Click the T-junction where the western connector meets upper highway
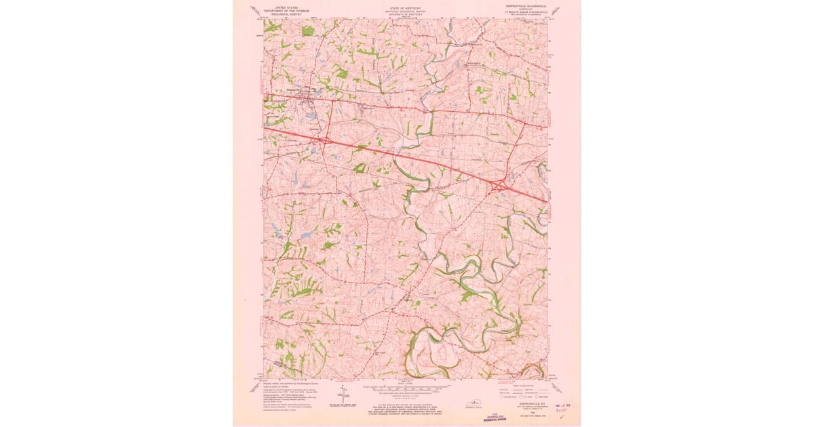324,101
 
